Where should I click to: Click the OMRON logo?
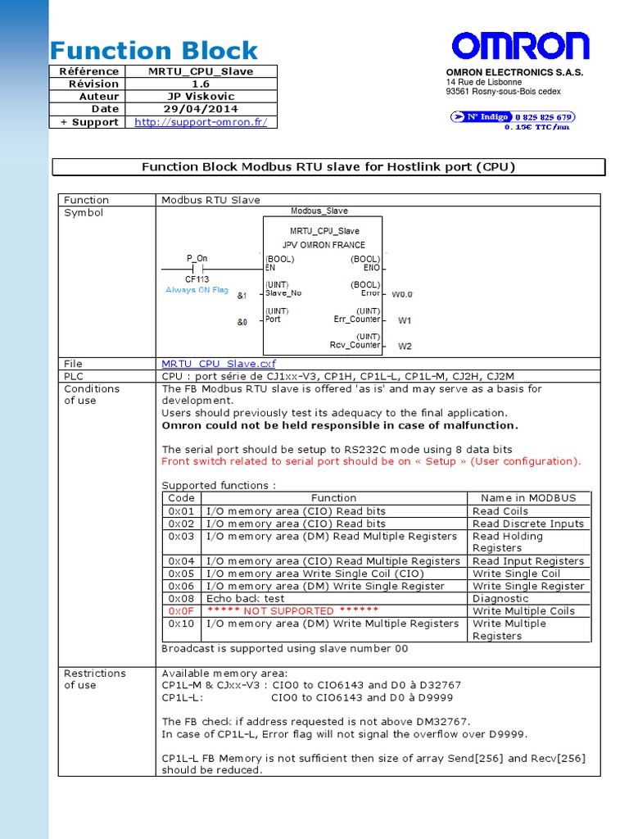(520, 47)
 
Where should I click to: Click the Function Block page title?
(154, 51)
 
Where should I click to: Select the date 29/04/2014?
(201, 109)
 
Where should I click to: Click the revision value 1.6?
(201, 84)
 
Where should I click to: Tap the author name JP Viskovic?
(201, 97)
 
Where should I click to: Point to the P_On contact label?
(197, 258)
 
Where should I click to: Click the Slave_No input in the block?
(283, 293)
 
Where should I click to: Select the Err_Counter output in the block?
(357, 320)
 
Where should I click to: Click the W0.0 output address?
(402, 294)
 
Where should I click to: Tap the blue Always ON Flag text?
(197, 290)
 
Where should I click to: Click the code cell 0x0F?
(181, 611)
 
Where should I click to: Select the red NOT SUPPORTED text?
(292, 611)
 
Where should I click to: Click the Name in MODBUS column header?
(528, 498)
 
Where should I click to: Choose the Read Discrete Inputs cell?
(528, 524)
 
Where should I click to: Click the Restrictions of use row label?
(95, 679)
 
